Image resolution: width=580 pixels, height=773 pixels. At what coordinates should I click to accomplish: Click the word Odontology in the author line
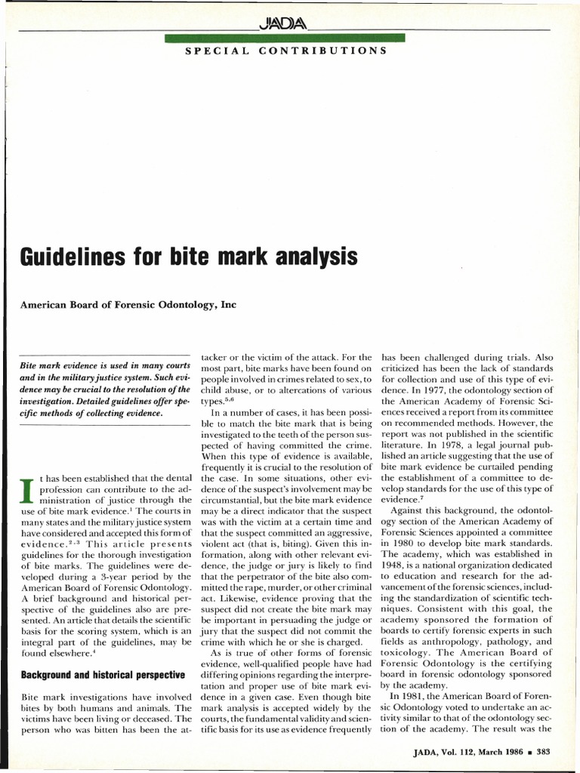coord(177,305)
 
